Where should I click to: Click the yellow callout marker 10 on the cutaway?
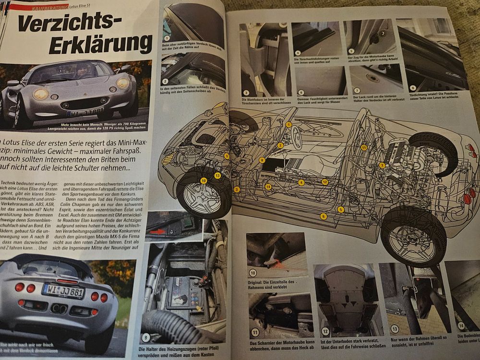204,180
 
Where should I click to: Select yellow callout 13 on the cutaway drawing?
217,176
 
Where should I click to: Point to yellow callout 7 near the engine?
382,165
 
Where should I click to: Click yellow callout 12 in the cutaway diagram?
324,182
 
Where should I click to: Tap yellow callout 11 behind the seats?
364,148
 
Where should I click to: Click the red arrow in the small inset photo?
159,231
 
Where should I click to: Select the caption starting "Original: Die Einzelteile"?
276,284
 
